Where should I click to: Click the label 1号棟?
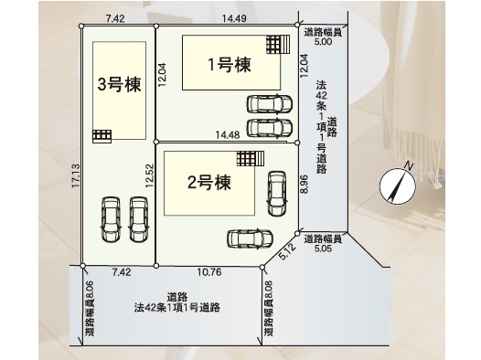pos(230,65)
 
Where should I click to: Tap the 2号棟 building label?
pos(209,183)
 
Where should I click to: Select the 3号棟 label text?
pos(119,84)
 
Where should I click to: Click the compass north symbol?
pos(398,185)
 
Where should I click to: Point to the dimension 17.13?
pos(76,176)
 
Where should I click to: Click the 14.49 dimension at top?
pos(234,18)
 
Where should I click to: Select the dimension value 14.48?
pos(228,135)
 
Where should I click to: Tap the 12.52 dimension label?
pos(149,175)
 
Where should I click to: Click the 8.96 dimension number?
pos(304,184)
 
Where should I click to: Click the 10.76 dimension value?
pos(209,272)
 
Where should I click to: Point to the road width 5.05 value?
pos(323,249)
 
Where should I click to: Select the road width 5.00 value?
pos(323,41)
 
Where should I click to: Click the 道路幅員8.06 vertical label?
pos(90,308)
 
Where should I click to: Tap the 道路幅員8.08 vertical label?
pos(268,308)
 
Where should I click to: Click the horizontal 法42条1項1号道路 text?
pos(177,307)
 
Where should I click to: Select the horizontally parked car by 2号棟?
pos(250,238)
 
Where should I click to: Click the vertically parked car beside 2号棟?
pos(277,194)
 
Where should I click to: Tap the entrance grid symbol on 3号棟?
pos(102,136)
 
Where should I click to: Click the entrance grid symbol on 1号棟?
pos(278,44)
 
